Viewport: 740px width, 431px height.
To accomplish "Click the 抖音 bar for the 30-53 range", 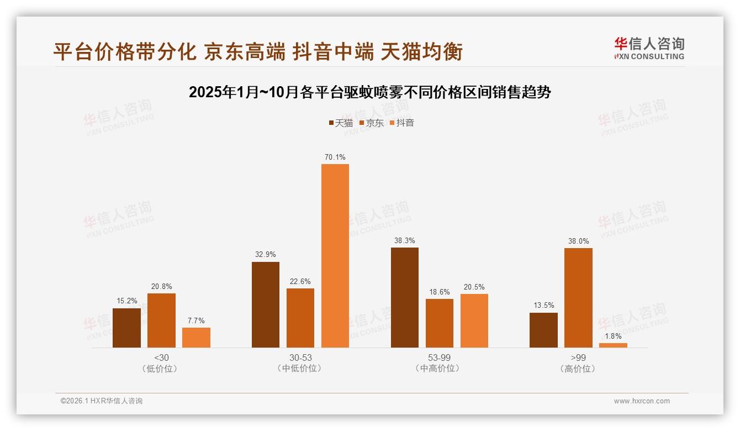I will pos(335,256).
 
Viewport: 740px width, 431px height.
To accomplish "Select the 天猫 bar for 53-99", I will pos(405,297).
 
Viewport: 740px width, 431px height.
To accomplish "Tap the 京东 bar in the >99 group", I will pos(578,298).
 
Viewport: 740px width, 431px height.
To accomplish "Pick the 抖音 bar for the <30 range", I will pos(196,338).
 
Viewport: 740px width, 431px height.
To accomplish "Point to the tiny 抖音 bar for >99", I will pos(613,345).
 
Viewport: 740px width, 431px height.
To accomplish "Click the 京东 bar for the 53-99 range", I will pos(440,323).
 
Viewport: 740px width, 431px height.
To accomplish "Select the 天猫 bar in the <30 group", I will pos(126,328).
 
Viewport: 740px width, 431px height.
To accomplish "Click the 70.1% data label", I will pos(335,157).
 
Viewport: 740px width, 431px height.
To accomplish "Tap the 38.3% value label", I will pos(405,241).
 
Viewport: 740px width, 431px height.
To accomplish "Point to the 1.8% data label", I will pos(613,337).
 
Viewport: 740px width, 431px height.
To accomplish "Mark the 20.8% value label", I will pos(161,287).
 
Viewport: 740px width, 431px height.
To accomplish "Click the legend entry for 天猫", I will pos(341,123).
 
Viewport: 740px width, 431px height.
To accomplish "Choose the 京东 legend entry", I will pos(372,123).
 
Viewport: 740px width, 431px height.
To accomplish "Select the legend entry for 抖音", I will pos(402,123).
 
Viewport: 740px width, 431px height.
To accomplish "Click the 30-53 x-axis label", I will pos(300,358).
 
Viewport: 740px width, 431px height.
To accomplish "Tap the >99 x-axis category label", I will pos(578,358).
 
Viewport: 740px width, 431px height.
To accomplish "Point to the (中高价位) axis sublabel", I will pos(440,369).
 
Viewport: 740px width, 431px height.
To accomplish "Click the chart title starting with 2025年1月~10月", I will pos(370,92).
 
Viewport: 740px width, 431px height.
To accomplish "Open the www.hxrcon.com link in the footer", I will pos(642,401).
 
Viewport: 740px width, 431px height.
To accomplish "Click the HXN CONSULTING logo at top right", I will pos(649,49).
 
